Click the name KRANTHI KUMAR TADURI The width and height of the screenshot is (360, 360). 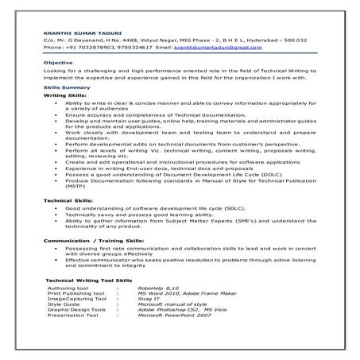click(72, 31)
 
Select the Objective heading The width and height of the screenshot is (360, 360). click(57, 62)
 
